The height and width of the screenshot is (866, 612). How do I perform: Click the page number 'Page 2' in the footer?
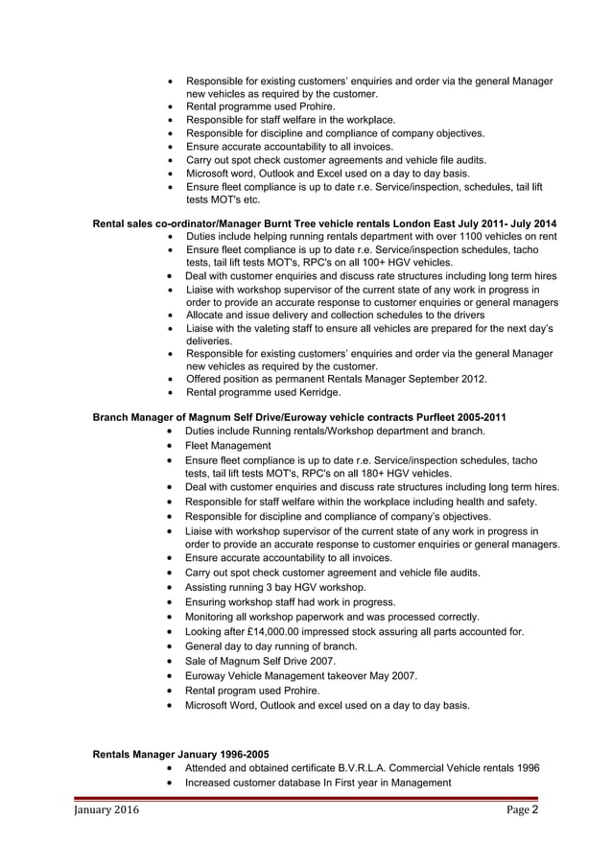pos(523,810)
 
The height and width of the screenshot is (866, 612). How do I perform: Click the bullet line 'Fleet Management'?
pos(228,446)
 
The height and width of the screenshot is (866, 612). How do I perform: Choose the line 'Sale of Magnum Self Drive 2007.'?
pos(261,661)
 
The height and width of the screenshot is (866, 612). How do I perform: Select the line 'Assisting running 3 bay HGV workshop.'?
pos(275,587)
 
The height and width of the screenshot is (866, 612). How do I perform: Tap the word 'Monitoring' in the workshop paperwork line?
pos(217,617)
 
